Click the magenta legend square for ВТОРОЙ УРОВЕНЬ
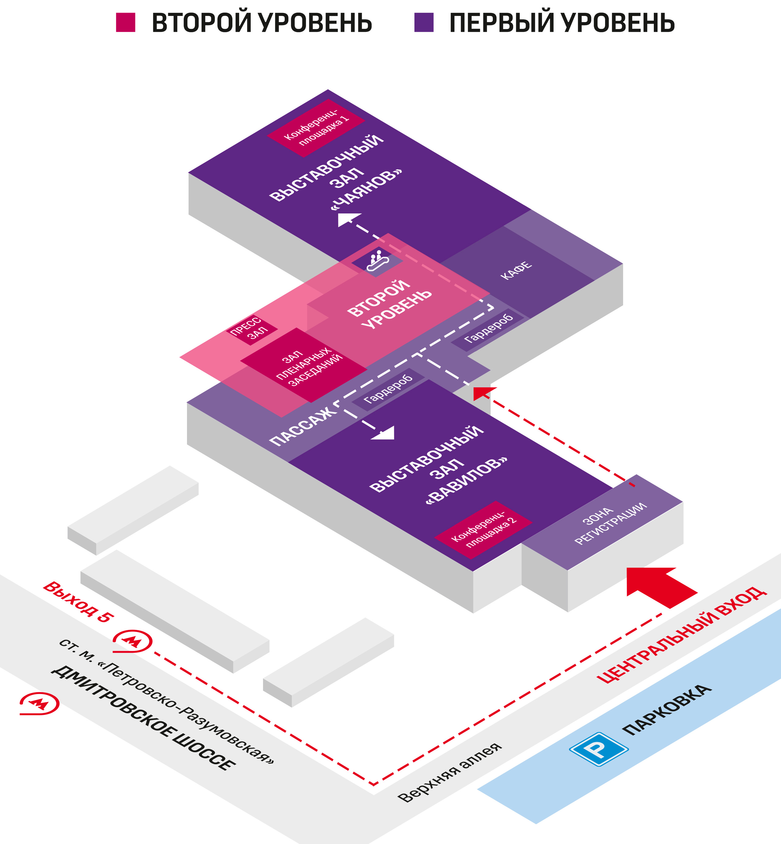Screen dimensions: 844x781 126,22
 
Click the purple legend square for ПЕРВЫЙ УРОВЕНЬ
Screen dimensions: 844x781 424,22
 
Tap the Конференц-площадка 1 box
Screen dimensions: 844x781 316,128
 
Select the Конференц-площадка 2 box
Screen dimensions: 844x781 483,530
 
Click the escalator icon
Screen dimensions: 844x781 377,261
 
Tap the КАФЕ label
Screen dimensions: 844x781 516,270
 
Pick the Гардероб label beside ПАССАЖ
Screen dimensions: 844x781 388,389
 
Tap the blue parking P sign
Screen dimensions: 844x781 598,749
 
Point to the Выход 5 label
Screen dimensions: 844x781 78,601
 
